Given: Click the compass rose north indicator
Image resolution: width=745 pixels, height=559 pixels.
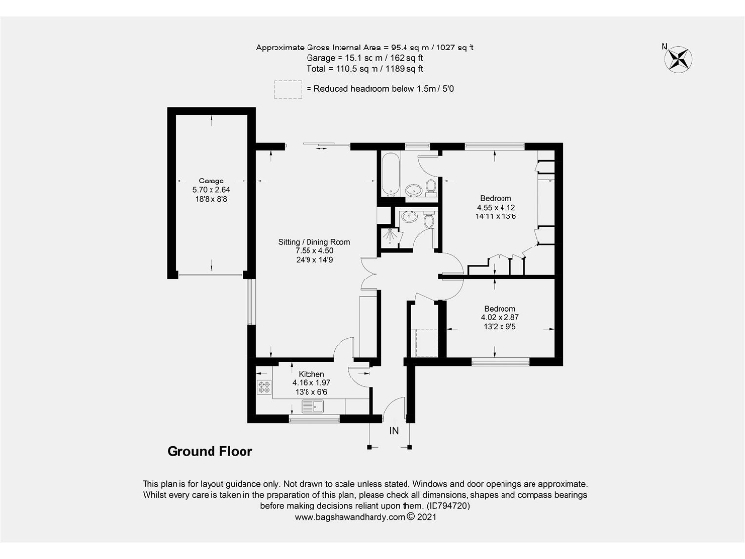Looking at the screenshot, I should click(676, 58).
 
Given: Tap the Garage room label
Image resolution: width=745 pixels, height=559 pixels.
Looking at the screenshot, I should click(211, 181).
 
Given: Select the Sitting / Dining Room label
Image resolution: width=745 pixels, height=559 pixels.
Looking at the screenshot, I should click(314, 242).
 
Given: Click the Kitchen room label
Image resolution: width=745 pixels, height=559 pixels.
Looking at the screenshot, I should click(311, 374).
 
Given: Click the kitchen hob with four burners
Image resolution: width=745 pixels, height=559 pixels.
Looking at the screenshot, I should click(264, 387).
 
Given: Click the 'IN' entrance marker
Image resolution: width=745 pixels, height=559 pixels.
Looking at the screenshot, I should click(394, 430).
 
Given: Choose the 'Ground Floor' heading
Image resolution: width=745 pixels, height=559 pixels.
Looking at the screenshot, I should click(210, 451).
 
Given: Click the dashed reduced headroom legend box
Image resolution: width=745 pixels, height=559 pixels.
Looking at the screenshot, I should click(286, 89).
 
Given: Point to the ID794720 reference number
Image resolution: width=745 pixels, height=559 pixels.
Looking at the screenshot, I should click(446, 506).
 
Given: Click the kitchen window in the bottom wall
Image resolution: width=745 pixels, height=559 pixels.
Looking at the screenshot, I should click(314, 419).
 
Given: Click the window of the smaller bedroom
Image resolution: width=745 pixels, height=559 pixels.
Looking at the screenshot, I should click(501, 362).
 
